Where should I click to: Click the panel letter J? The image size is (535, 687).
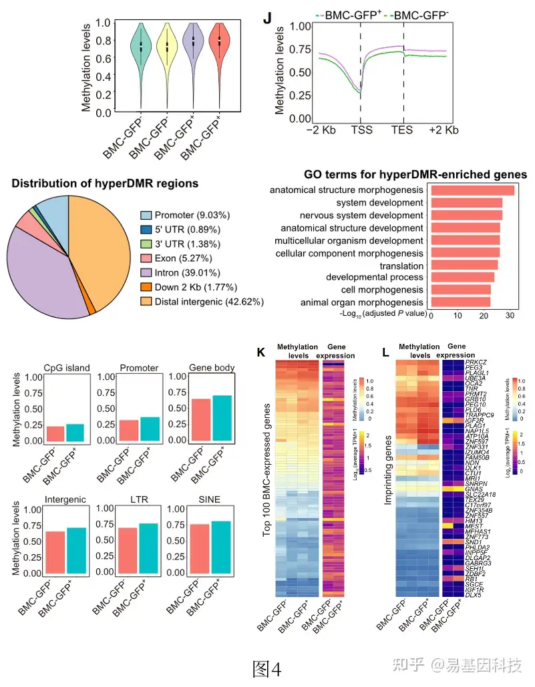pyautogui.click(x=267, y=19)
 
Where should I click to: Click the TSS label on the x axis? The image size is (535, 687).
pyautogui.click(x=361, y=130)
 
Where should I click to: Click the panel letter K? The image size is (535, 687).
pyautogui.click(x=261, y=352)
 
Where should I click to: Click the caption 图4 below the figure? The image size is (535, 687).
pyautogui.click(x=267, y=668)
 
